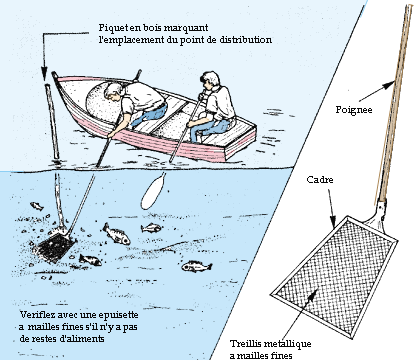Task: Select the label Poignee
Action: (x=354, y=110)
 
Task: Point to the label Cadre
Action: (x=320, y=180)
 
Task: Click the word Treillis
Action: (x=244, y=344)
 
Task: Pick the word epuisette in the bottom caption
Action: (x=120, y=315)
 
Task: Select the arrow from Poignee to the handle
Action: (x=377, y=91)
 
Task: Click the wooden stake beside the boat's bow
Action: (x=52, y=122)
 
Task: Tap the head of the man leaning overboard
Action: (x=113, y=91)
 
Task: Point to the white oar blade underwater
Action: (x=152, y=192)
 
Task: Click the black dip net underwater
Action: (x=56, y=246)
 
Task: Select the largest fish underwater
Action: (x=116, y=234)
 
